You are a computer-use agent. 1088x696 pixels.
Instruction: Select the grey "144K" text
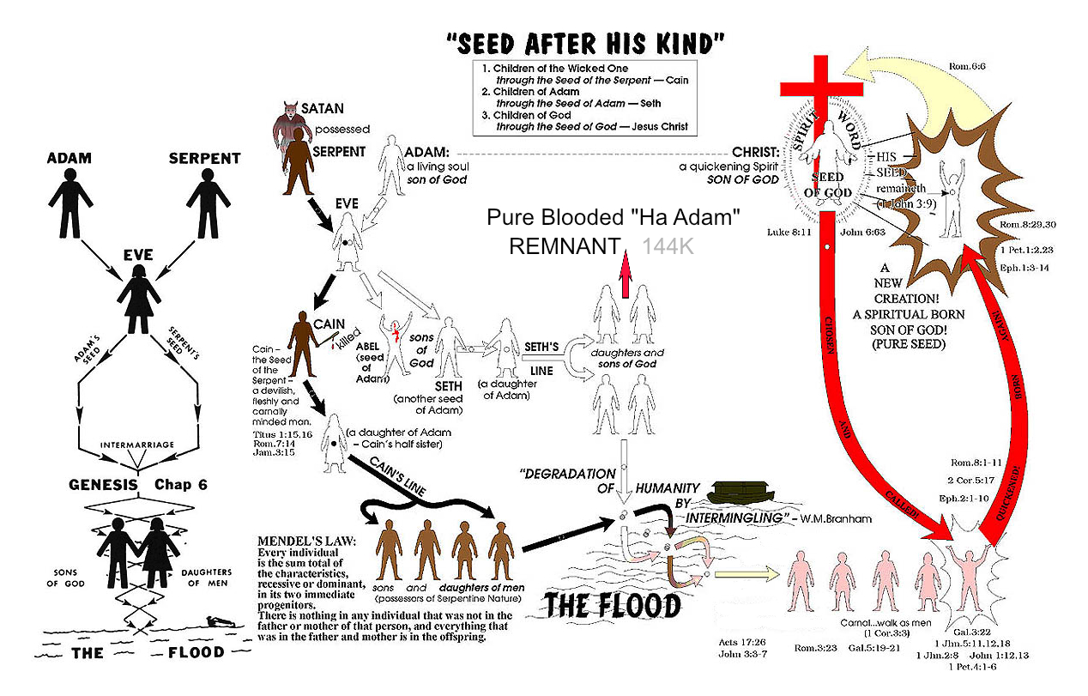click(x=669, y=246)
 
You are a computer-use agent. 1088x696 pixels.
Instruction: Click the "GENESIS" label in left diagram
click(x=103, y=484)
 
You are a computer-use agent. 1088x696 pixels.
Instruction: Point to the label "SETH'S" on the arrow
click(x=541, y=347)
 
